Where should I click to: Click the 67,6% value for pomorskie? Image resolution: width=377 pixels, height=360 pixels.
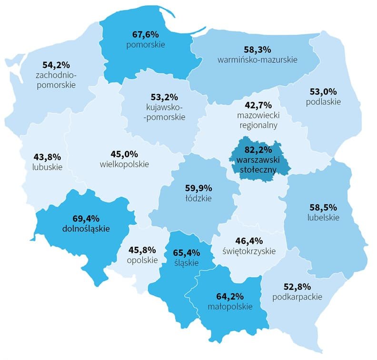145,34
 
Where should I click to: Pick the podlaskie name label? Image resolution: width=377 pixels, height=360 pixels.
324,101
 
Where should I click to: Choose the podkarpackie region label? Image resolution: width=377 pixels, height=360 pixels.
298,297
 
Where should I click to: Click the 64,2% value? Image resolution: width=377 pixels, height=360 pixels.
230,296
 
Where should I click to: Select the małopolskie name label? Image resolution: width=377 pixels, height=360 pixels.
230,307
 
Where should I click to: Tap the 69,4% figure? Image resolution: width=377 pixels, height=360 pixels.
86,218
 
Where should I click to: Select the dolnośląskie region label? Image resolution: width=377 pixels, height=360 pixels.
86,229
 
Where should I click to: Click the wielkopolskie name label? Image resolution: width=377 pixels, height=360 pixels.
125,164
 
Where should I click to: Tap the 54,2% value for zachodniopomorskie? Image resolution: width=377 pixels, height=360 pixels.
56,64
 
